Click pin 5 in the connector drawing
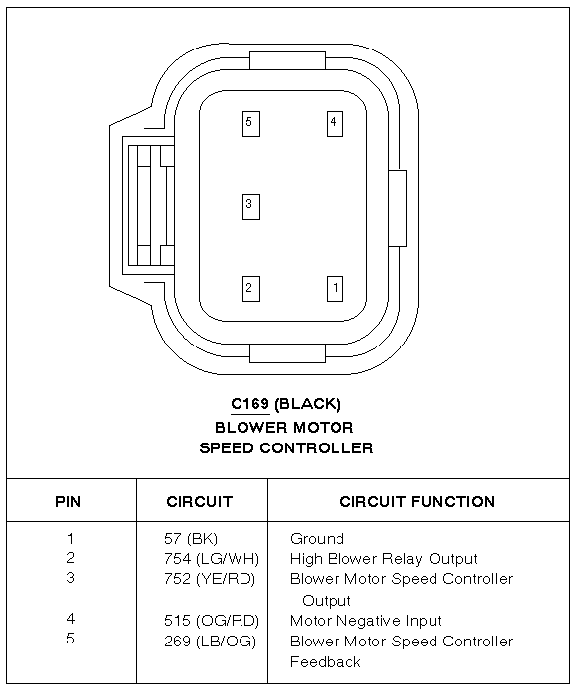click(x=251, y=124)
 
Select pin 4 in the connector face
click(x=335, y=124)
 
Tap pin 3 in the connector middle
click(x=251, y=207)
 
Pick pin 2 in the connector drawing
click(x=251, y=289)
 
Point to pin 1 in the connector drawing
click(x=335, y=289)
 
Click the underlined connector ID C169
click(x=249, y=403)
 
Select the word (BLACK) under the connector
click(x=308, y=404)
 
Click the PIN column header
click(x=68, y=501)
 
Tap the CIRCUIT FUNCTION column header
click(x=417, y=501)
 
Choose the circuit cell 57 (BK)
click(x=191, y=539)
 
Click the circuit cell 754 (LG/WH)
click(x=212, y=559)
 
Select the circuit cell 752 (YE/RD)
click(x=210, y=579)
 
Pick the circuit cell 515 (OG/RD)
click(x=212, y=621)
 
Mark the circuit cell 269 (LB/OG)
click(x=211, y=642)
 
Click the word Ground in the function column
click(x=317, y=539)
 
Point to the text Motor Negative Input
click(x=366, y=621)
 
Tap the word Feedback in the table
click(x=326, y=662)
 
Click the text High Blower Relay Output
click(x=383, y=559)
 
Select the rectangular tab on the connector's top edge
click(x=287, y=60)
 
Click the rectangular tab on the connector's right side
click(x=397, y=208)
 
